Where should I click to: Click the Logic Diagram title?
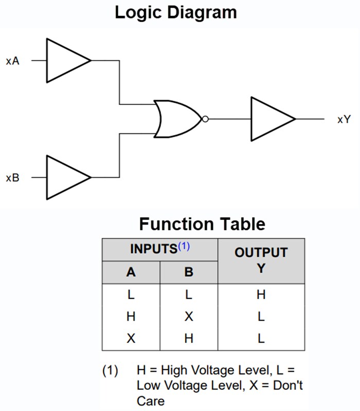click(175, 12)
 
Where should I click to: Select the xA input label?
click(13, 61)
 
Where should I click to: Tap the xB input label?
click(13, 178)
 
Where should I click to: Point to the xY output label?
click(344, 119)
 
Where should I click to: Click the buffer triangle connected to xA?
click(66, 60)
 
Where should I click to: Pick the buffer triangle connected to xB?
click(66, 178)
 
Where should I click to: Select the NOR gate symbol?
click(177, 119)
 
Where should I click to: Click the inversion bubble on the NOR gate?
click(205, 119)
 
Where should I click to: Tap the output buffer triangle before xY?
click(271, 119)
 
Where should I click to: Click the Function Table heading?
click(202, 224)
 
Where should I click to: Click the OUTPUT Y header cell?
click(261, 260)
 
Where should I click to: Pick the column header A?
click(131, 272)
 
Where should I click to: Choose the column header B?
click(189, 272)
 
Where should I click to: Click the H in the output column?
click(261, 295)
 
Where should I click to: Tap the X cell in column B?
click(189, 317)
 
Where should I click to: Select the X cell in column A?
click(131, 339)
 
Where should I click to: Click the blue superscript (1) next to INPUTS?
click(184, 247)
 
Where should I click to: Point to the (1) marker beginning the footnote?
click(110, 370)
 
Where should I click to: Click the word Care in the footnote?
click(150, 400)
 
